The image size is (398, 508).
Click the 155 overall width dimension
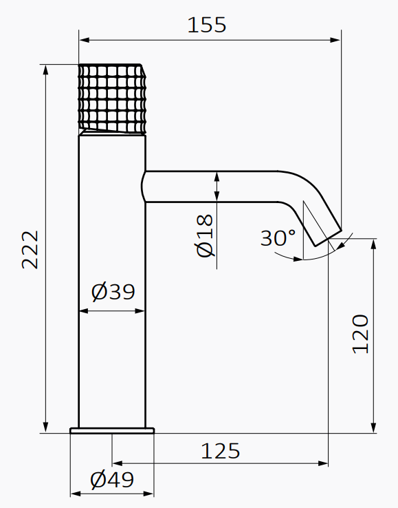[206, 25]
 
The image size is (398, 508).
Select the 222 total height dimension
[30, 249]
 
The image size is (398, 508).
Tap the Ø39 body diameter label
[113, 292]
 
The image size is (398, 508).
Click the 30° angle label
[278, 238]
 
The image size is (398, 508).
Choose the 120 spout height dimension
[360, 334]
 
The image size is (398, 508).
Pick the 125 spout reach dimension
[221, 451]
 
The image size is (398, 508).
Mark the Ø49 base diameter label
[112, 479]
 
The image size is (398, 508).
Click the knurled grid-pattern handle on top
[112, 97]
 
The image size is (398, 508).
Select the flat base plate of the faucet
[112, 431]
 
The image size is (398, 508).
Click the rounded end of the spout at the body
[144, 187]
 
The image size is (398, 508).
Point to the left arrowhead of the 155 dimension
[83, 40]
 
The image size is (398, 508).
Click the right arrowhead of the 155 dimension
[337, 40]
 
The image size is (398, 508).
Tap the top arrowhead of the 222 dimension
[45, 69]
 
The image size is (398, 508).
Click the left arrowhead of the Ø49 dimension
[74, 493]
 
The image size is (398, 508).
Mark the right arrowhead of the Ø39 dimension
[142, 310]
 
